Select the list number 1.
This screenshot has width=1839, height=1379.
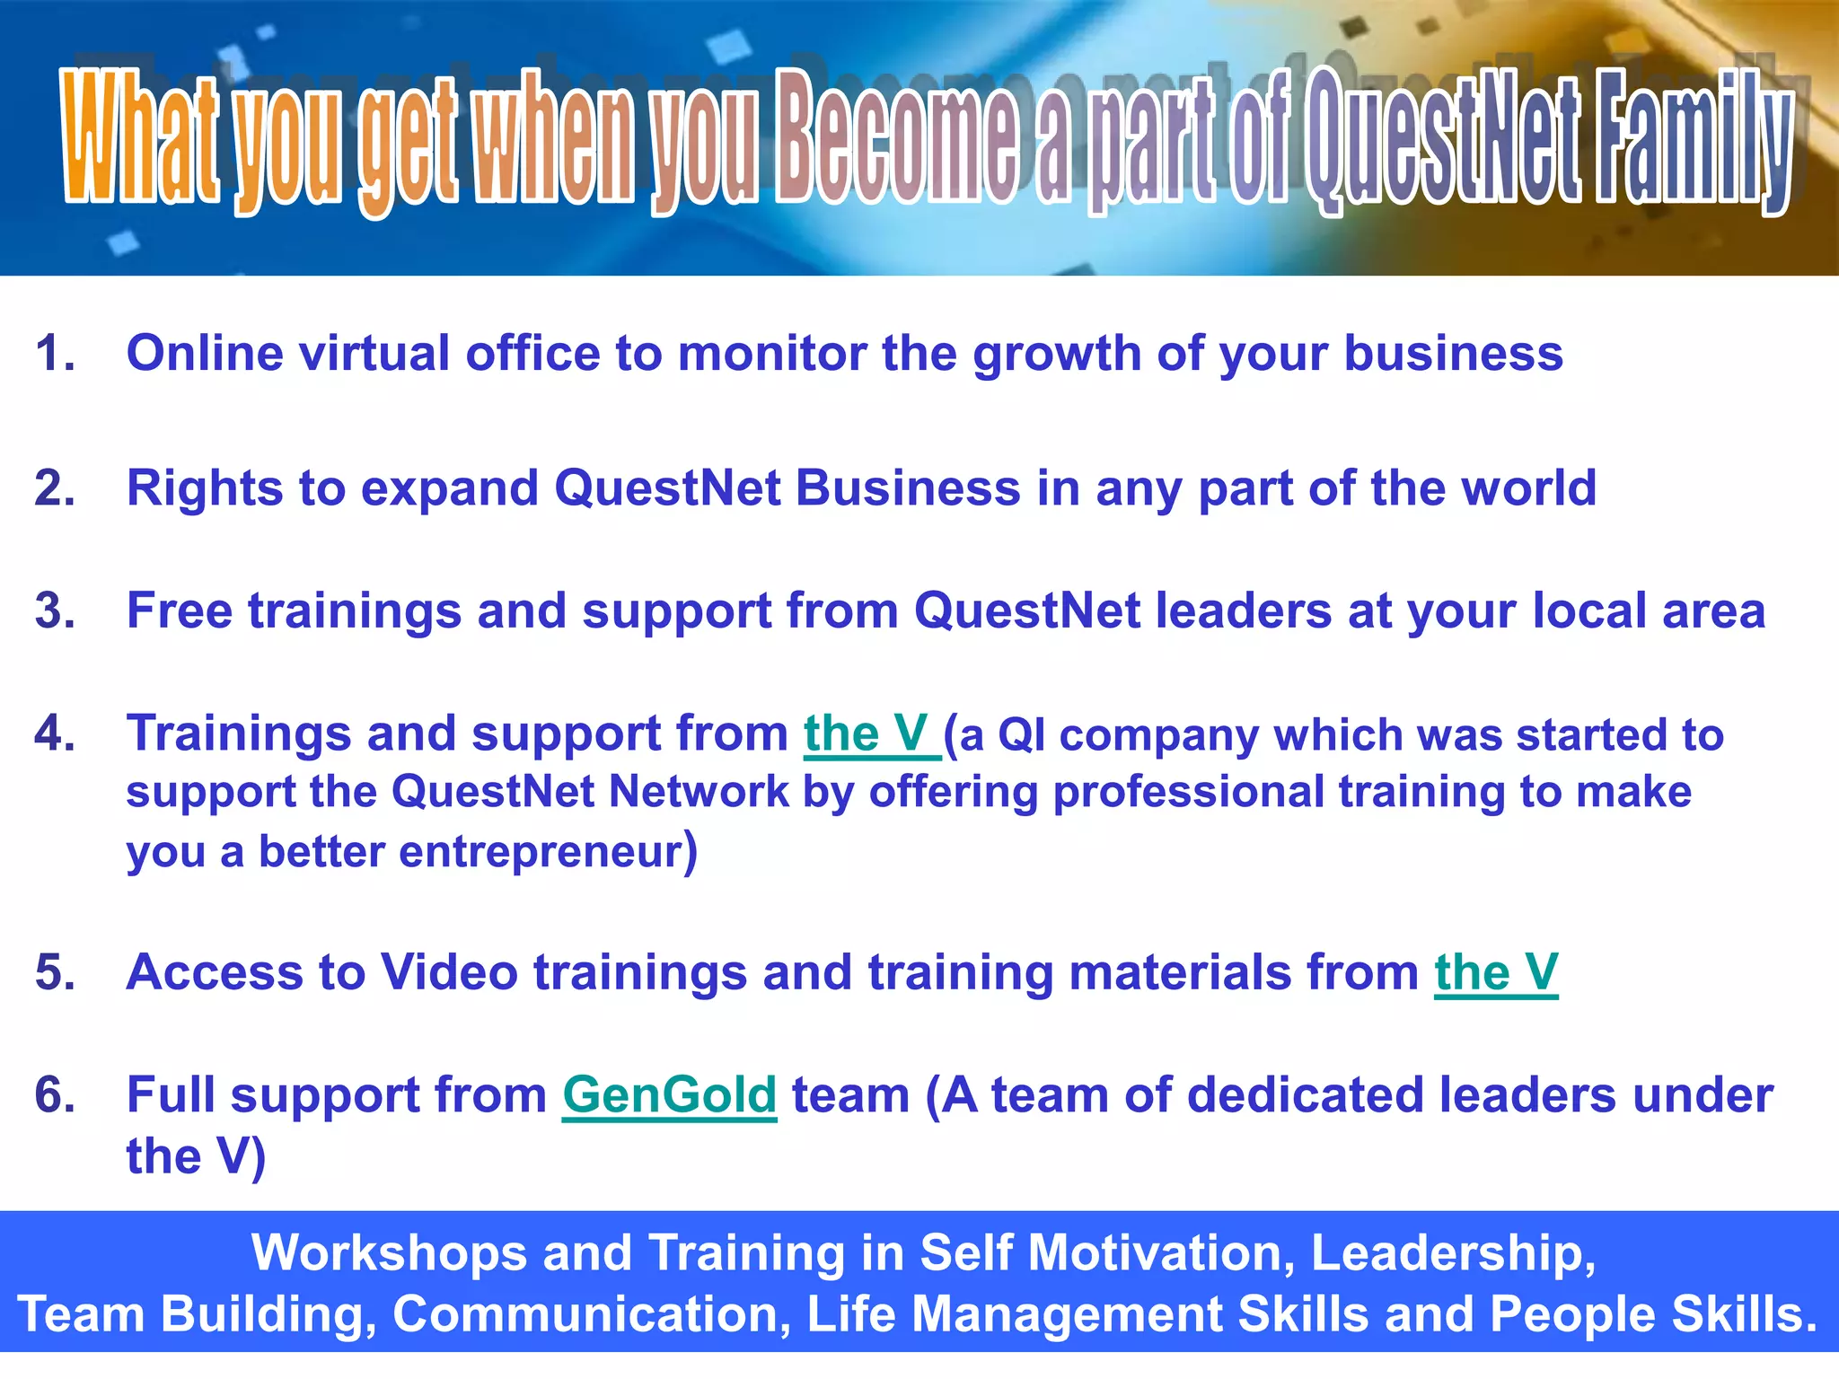coord(54,353)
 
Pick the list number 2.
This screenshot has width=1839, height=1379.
coord(54,488)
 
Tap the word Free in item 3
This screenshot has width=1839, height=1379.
coord(180,611)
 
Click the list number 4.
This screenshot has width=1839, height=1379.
coord(54,733)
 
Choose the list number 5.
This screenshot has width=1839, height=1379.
coord(54,972)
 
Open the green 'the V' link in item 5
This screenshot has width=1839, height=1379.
coord(1496,973)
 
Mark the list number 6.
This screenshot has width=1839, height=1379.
coord(54,1095)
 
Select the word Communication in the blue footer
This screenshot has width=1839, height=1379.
coord(592,1314)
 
